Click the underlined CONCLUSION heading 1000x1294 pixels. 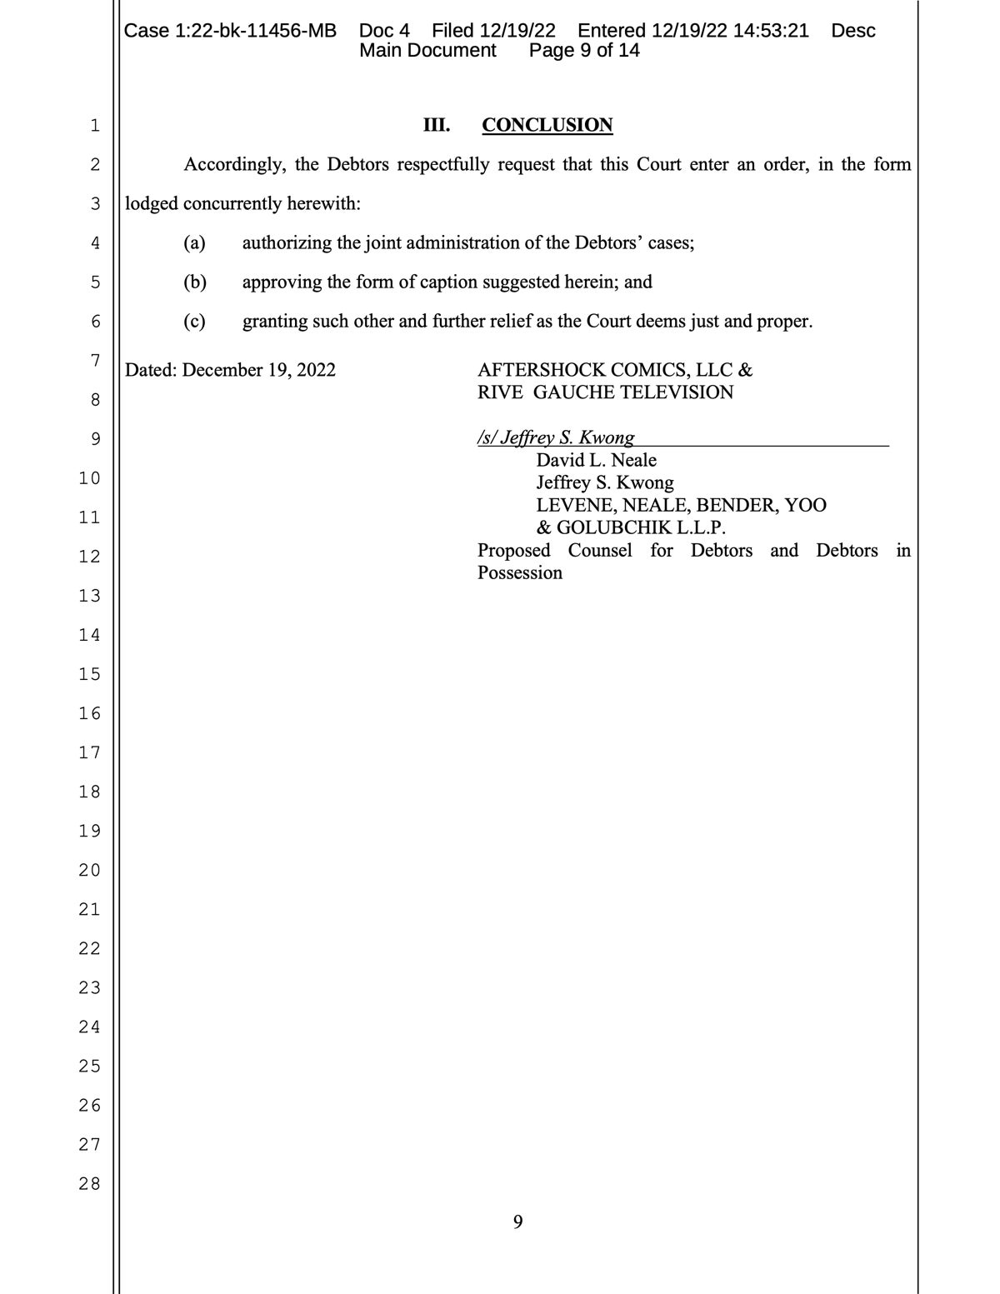pos(547,125)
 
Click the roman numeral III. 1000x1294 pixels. pos(437,125)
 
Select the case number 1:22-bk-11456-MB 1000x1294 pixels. pos(256,31)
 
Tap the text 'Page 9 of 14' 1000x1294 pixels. pos(584,50)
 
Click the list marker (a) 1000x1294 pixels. pos(194,242)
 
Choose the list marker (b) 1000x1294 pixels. pos(195,282)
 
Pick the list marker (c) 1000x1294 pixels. pos(194,321)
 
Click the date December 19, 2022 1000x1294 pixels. pos(258,370)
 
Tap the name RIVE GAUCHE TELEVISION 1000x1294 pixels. pos(605,392)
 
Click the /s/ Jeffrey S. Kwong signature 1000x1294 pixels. pos(556,437)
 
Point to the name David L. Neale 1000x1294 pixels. pos(596,460)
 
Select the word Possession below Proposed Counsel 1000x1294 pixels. pos(520,572)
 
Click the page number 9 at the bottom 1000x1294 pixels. pos(517,1222)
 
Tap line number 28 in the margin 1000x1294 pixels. pos(89,1183)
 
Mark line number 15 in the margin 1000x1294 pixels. pos(89,673)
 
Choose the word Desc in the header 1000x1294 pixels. pos(853,31)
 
